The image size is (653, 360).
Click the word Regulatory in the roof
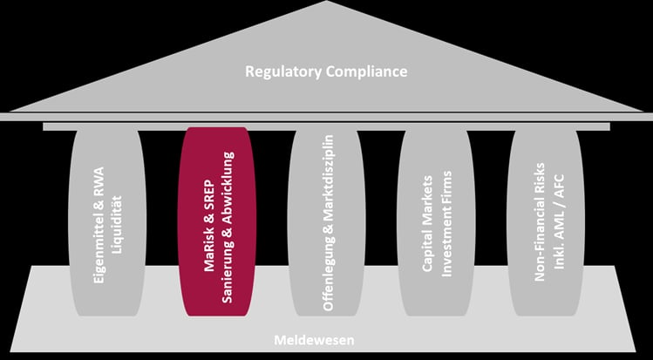point(283,71)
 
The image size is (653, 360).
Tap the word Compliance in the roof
point(367,71)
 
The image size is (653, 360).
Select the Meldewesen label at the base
point(314,340)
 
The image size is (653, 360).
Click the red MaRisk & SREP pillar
point(217,221)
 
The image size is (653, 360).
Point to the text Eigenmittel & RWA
point(99,226)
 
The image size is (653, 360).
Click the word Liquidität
point(118,225)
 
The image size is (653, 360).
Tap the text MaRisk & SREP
point(209,227)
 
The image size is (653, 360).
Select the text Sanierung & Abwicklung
point(228,228)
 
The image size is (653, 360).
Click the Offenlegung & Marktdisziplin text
point(329,222)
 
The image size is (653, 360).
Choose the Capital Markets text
point(428,224)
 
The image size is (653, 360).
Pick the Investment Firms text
point(446,224)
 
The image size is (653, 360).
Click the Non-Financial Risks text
point(540,222)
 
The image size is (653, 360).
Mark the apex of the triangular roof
point(327,1)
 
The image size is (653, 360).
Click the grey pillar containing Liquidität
point(107,222)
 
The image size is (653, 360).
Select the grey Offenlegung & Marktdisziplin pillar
point(326,222)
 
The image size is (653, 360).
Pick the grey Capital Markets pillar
point(436,222)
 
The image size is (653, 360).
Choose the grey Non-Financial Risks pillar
point(546,222)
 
